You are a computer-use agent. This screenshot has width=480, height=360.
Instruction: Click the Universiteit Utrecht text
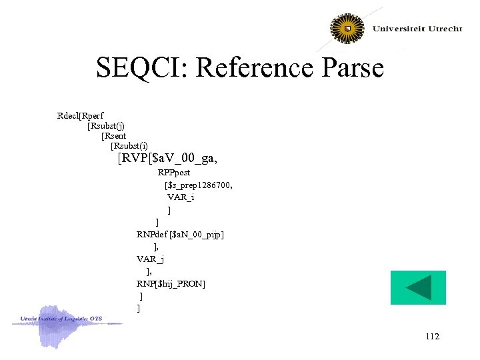click(x=417, y=29)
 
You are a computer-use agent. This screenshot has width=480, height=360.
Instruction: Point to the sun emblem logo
click(x=348, y=29)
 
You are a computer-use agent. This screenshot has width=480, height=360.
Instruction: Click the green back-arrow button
click(x=418, y=287)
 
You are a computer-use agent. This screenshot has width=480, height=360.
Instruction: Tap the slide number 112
click(x=431, y=337)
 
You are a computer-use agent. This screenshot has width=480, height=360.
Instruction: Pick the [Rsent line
click(x=113, y=135)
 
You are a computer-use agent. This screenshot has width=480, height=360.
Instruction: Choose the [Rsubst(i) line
click(x=129, y=145)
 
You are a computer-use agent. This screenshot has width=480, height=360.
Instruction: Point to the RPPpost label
click(x=174, y=173)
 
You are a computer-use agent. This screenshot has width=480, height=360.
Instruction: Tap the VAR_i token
click(x=181, y=197)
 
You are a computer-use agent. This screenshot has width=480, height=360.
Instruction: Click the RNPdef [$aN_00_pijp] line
click(x=180, y=234)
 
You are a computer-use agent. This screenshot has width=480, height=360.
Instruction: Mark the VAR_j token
click(x=150, y=259)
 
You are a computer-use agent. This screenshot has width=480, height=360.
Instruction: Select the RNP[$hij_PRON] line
click(x=171, y=284)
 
